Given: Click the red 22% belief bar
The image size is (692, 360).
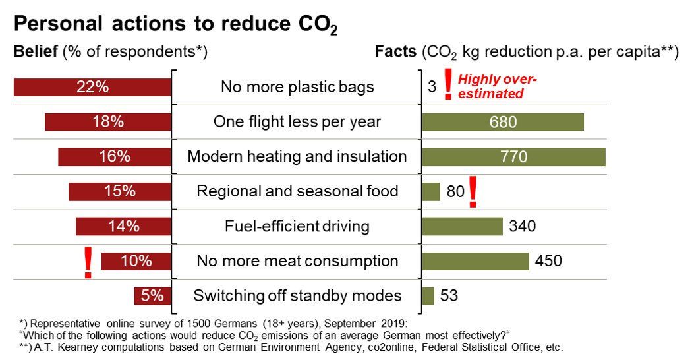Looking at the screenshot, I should point(92,88).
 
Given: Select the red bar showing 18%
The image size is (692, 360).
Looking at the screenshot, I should point(107,122).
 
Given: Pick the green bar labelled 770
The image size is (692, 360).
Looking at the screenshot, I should point(513,157).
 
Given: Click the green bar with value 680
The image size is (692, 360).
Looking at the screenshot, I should point(503,122).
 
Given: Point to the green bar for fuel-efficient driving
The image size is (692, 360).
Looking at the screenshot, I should point(462,226).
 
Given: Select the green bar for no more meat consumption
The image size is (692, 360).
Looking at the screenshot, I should point(475,261).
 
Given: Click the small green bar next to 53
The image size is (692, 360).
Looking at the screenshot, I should point(428,296).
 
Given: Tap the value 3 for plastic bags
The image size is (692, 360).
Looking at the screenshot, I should point(432,87).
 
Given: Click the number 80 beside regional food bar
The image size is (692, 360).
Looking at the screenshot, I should point(455,192).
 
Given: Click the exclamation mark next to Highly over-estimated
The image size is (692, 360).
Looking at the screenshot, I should point(448,85).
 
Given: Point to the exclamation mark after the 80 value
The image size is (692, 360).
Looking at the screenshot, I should point(472,193).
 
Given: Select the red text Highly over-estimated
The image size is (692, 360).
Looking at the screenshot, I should point(498,87).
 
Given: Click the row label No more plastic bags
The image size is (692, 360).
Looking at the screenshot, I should point(297,87).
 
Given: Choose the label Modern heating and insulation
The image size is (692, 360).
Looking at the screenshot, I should point(297,157).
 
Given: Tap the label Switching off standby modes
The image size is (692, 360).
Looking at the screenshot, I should point(297,296).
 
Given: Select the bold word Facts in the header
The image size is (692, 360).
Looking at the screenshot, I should point(396,52).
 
